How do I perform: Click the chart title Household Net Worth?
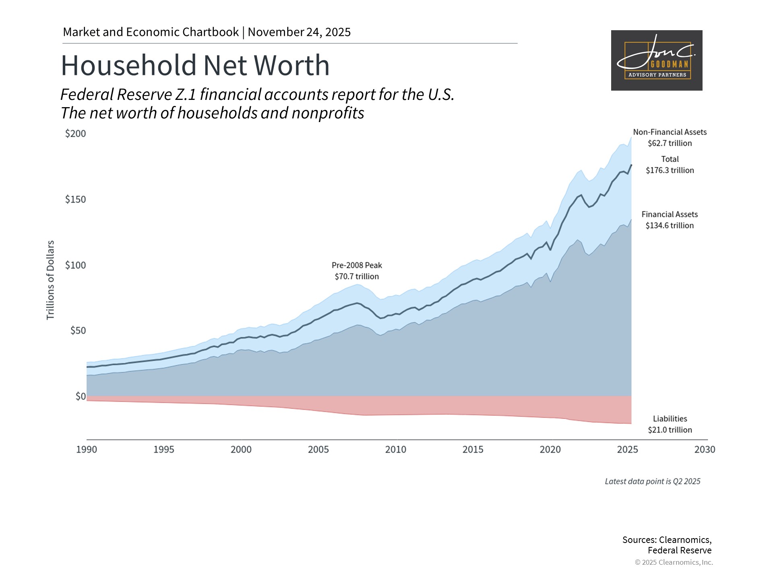pos(195,65)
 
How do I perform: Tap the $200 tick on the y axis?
pos(76,134)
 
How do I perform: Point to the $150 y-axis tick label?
pos(76,199)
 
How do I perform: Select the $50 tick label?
pos(78,331)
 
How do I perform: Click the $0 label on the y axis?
pos(81,396)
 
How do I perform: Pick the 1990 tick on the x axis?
pos(87,449)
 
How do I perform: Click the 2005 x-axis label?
pos(318,449)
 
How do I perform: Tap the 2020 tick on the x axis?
pos(550,449)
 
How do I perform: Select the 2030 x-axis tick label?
pos(705,449)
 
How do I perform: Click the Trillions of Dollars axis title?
pos(50,280)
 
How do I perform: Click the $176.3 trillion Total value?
pos(670,170)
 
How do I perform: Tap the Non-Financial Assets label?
pos(670,132)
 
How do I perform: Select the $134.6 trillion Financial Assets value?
pos(670,226)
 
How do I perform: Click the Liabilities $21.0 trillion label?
pos(670,425)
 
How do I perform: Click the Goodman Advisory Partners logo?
pos(657,60)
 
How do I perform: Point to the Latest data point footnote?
pos(653,481)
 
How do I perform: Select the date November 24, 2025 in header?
pos(299,32)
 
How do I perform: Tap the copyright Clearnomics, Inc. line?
pos(674,562)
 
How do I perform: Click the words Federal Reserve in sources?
pos(680,551)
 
